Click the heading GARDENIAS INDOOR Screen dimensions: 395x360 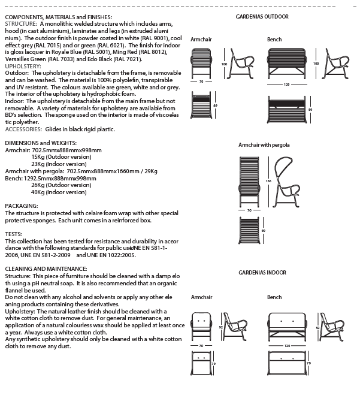[x=262, y=273]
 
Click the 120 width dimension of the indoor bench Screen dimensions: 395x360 [x=288, y=346]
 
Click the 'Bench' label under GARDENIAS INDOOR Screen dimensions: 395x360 [x=274, y=297]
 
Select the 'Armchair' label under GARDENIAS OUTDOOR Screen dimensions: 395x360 [x=201, y=40]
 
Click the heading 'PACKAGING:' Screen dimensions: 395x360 [x=22, y=206]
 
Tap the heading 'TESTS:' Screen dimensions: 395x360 [x=14, y=234]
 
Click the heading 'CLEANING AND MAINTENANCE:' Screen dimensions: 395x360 [x=46, y=269]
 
